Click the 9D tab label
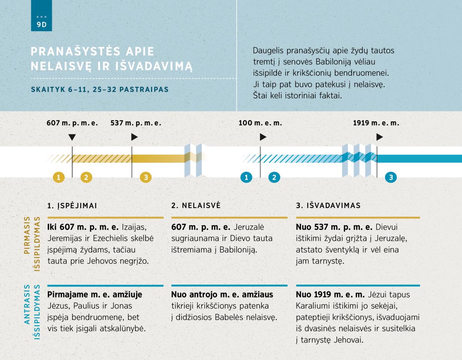pyautogui.click(x=41, y=23)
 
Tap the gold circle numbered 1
pyautogui.click(x=59, y=177)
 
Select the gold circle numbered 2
pyautogui.click(x=86, y=177)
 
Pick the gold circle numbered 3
pyautogui.click(x=146, y=177)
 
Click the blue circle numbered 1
pyautogui.click(x=246, y=177)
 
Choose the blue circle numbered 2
pyautogui.click(x=274, y=177)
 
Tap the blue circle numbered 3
pyautogui.click(x=391, y=177)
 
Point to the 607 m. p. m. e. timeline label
pyautogui.click(x=72, y=123)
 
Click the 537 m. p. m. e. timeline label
pyautogui.click(x=136, y=123)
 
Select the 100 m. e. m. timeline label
pyautogui.click(x=260, y=123)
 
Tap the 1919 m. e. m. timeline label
pyautogui.click(x=376, y=123)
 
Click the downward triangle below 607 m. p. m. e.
pyautogui.click(x=72, y=137)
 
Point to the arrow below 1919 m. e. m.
pyautogui.click(x=380, y=137)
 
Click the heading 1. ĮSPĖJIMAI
pyautogui.click(x=72, y=206)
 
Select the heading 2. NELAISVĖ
pyautogui.click(x=196, y=206)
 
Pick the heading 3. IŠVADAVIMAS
pyautogui.click(x=328, y=206)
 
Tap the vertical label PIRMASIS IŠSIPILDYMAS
pyautogui.click(x=32, y=243)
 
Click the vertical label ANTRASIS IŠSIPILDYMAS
pyautogui.click(x=32, y=311)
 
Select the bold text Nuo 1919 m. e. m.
pyautogui.click(x=330, y=295)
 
